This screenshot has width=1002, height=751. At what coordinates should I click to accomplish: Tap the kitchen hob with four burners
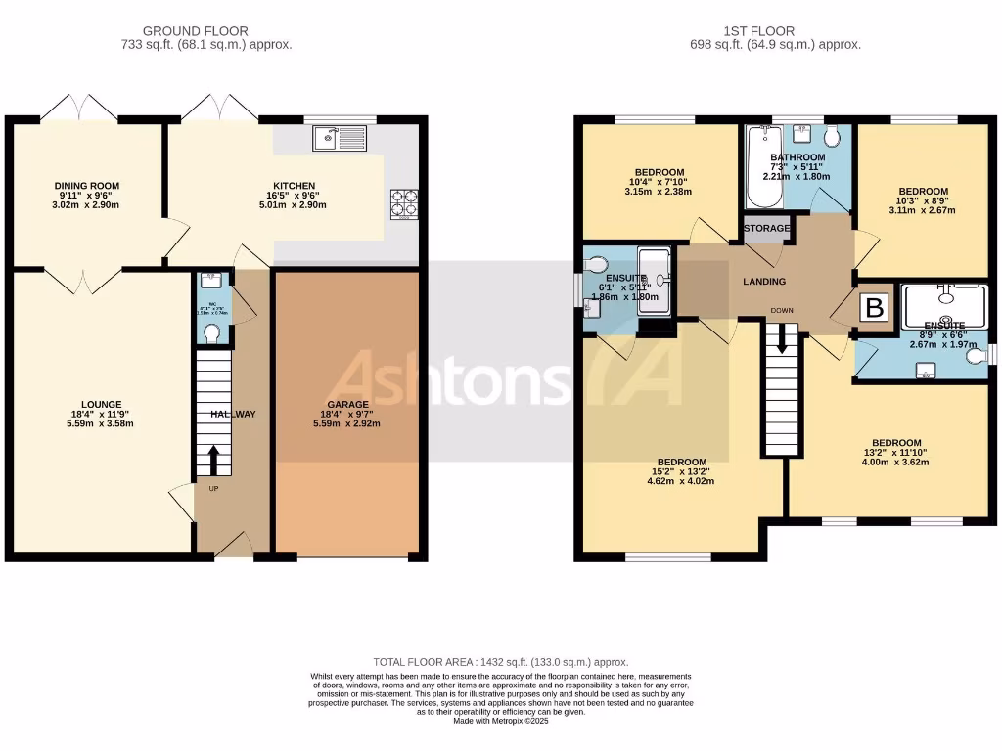tap(404, 202)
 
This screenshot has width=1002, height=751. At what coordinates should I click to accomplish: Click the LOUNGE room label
tap(102, 404)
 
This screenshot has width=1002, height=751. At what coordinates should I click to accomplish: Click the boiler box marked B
tap(874, 309)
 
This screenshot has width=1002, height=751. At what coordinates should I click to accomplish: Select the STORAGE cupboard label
tap(767, 229)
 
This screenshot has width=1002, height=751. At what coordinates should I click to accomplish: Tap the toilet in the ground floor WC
tap(212, 333)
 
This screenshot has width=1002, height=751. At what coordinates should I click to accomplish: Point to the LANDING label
tap(764, 282)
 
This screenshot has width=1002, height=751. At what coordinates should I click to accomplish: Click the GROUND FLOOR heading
tap(196, 31)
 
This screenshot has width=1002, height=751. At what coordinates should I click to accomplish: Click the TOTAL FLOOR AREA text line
tap(500, 662)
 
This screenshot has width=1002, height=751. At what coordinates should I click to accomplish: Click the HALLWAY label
tap(233, 414)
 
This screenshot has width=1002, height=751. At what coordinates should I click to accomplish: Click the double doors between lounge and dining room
tap(81, 281)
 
